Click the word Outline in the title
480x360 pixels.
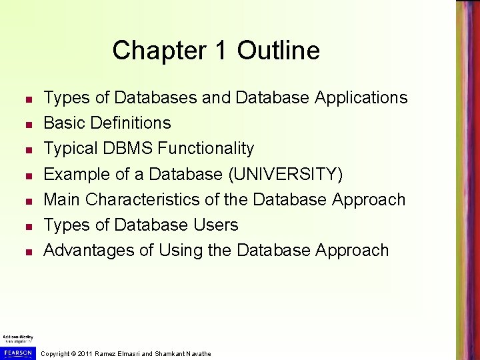[278, 51]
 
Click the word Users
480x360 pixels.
[215, 225]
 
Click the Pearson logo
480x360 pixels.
[17, 352]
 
